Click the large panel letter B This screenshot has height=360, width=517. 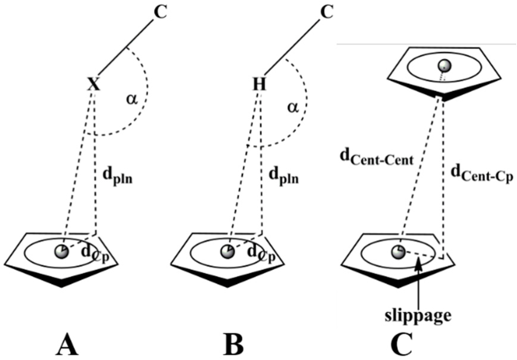click(x=233, y=345)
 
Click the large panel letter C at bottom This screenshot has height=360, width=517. click(x=401, y=345)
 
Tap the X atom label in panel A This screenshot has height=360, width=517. click(x=94, y=84)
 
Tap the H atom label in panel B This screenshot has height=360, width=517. click(x=258, y=84)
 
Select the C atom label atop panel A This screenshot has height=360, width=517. click(x=160, y=13)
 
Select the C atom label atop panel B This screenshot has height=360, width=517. click(x=326, y=13)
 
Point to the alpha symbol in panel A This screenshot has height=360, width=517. click(x=131, y=99)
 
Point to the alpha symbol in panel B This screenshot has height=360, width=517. click(x=292, y=107)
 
